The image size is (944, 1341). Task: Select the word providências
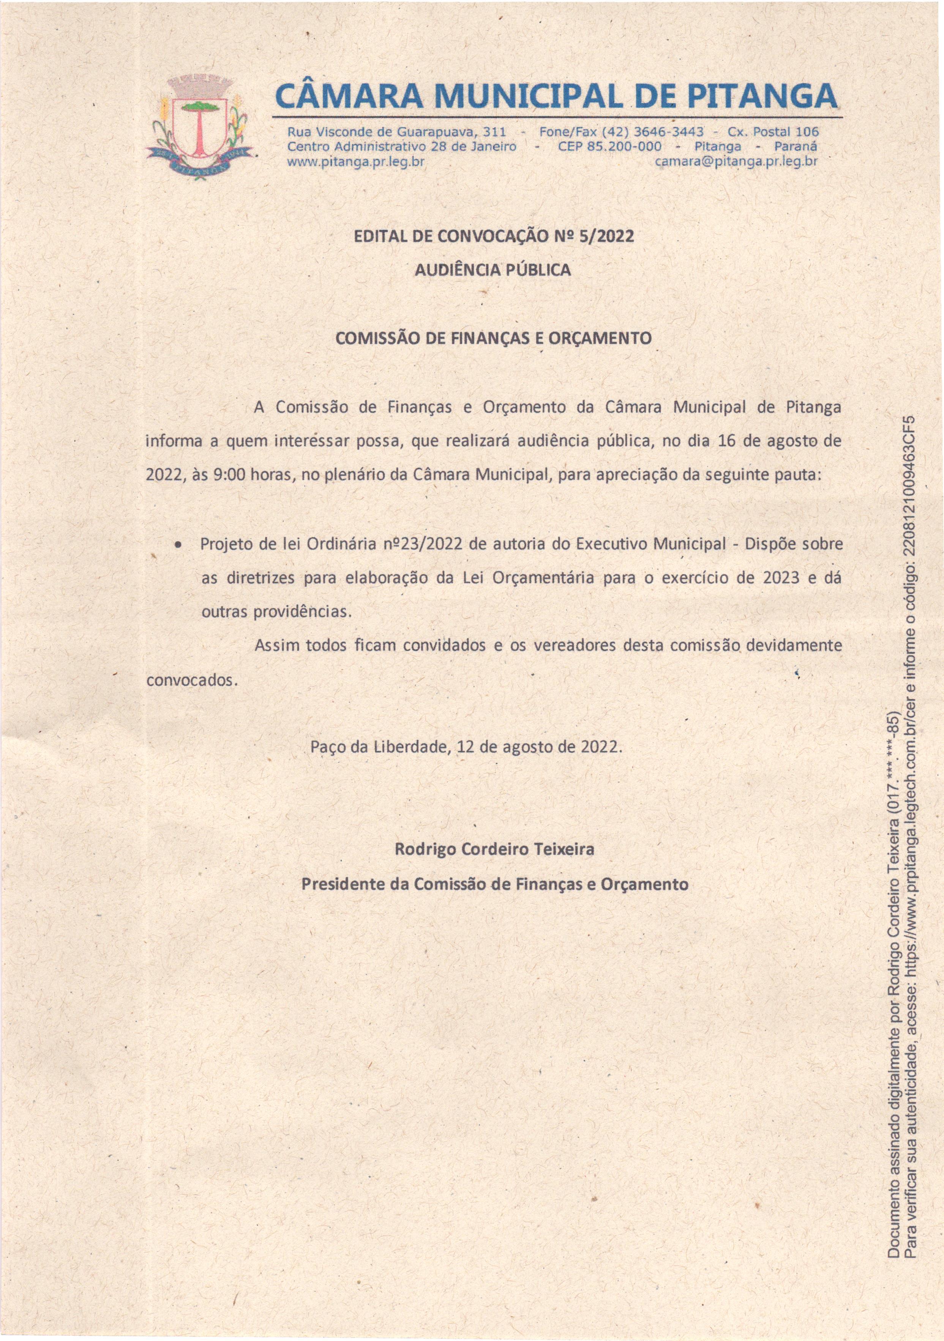[x=303, y=612]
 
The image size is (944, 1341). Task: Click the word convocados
[x=189, y=680]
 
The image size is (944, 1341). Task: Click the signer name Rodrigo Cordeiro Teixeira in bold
[x=494, y=849]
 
